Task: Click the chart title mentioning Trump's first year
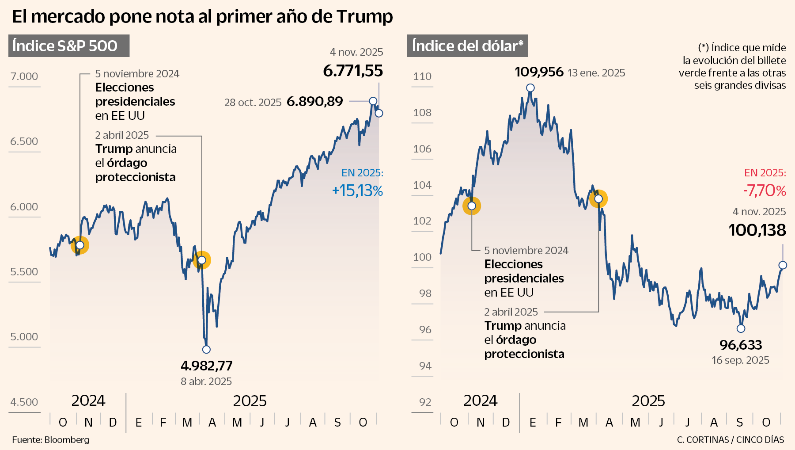pos(202,17)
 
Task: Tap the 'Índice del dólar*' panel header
pos(467,46)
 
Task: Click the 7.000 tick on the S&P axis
pos(24,76)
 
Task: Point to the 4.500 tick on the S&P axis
pos(24,402)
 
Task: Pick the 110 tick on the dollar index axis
pos(422,76)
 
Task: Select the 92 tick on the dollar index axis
pos(425,402)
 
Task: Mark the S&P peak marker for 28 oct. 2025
pos(373,101)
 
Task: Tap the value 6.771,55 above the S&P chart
pos(353,71)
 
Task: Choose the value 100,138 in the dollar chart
pos(757,230)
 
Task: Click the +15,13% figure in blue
pos(357,191)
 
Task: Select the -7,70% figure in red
pos(764,191)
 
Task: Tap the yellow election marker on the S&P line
pos(80,245)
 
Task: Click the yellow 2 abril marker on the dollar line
pos(598,199)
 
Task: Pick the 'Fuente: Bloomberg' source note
pos(51,440)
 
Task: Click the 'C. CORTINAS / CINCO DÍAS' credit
pos(731,440)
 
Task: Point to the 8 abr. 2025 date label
pos(206,381)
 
